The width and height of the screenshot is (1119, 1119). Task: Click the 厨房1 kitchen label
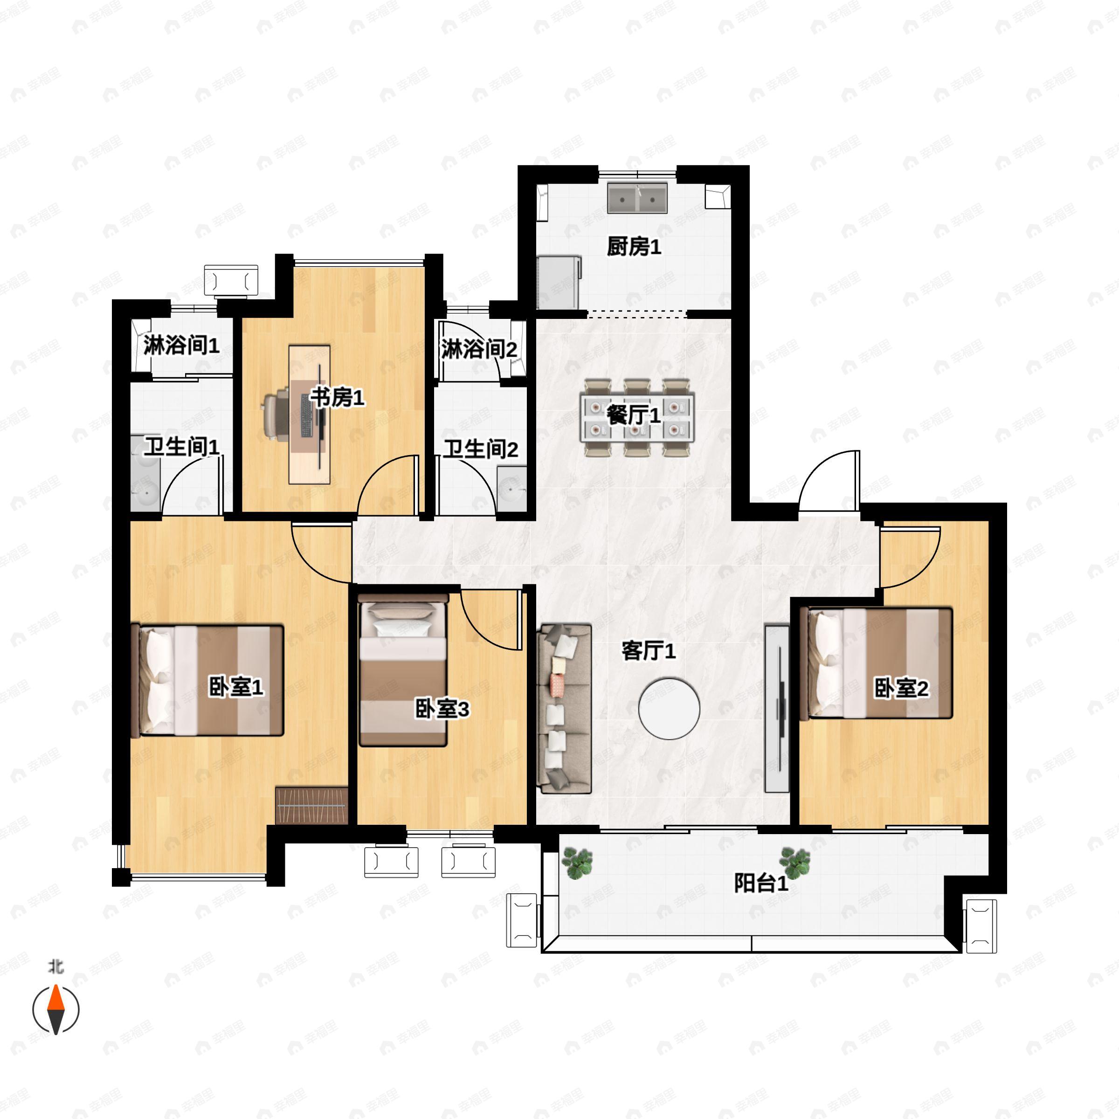tap(634, 247)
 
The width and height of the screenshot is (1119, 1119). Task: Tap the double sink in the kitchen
tap(637, 198)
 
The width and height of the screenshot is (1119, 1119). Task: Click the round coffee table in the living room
tap(669, 708)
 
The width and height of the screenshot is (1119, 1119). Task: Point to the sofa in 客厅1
tap(564, 708)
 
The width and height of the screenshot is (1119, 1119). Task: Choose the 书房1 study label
tap(337, 398)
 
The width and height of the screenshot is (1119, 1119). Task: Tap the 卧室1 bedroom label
tap(236, 688)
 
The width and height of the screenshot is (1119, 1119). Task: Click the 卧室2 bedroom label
tap(901, 688)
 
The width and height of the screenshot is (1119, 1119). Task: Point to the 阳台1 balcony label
tap(761, 883)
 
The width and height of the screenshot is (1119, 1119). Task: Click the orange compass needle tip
tap(55, 985)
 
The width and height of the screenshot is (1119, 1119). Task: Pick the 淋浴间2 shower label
tap(479, 349)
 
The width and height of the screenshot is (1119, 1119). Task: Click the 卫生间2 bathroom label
tap(481, 449)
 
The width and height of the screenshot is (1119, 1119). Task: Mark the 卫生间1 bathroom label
tap(181, 447)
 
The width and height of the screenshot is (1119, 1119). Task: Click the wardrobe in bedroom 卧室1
tap(311, 805)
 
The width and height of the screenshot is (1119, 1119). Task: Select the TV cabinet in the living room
tap(777, 708)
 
